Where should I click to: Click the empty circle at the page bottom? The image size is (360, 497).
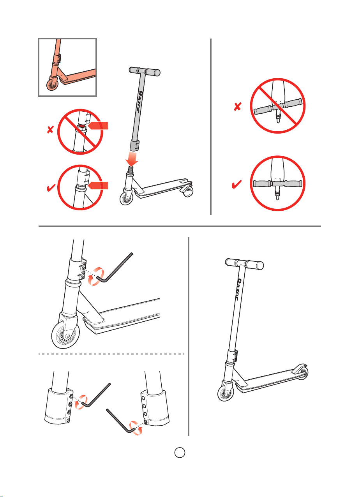pos(180,453)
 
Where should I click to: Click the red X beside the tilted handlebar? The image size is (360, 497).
pos(238,106)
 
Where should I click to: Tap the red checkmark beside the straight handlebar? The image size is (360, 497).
pos(236,184)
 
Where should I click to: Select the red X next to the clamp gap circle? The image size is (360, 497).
pos(50,130)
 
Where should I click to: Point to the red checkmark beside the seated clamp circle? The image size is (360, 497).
pos(51,188)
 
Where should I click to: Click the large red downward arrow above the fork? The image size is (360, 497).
pos(132,159)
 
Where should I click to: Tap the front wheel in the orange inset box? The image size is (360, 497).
pos(52,85)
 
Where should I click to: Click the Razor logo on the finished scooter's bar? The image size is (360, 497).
pos(239,289)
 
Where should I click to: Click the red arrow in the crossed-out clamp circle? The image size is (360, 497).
pos(98,125)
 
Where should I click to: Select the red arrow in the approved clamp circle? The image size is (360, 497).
pos(98,185)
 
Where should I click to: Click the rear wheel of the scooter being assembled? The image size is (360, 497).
pos(187,191)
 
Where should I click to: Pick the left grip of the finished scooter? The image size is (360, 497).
pos(232,262)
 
